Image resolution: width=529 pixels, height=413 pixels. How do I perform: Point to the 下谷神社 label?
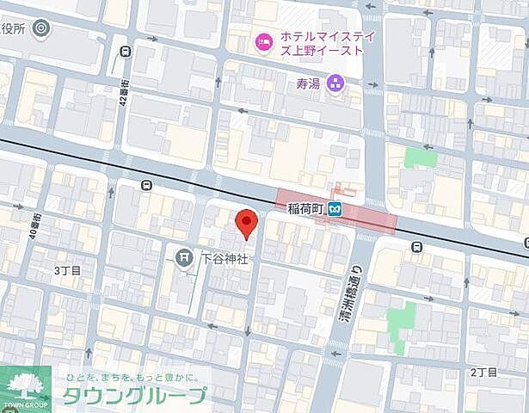tap(225, 257)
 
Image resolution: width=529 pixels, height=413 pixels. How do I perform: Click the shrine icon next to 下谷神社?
tap(184, 256)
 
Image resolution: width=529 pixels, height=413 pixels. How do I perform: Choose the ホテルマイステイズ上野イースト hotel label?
tap(311, 46)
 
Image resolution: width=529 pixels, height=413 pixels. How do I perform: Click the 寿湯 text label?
tap(308, 84)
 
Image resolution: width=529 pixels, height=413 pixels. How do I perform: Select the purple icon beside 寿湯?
tap(335, 84)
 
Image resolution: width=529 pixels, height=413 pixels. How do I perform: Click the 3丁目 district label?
tap(66, 270)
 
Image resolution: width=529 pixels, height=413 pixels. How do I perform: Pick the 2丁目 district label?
tap(484, 372)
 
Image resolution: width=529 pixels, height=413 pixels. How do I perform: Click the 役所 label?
tap(12, 28)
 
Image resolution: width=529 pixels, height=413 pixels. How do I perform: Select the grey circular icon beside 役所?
tap(39, 28)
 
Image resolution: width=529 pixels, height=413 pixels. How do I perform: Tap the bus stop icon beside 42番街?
tap(127, 51)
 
